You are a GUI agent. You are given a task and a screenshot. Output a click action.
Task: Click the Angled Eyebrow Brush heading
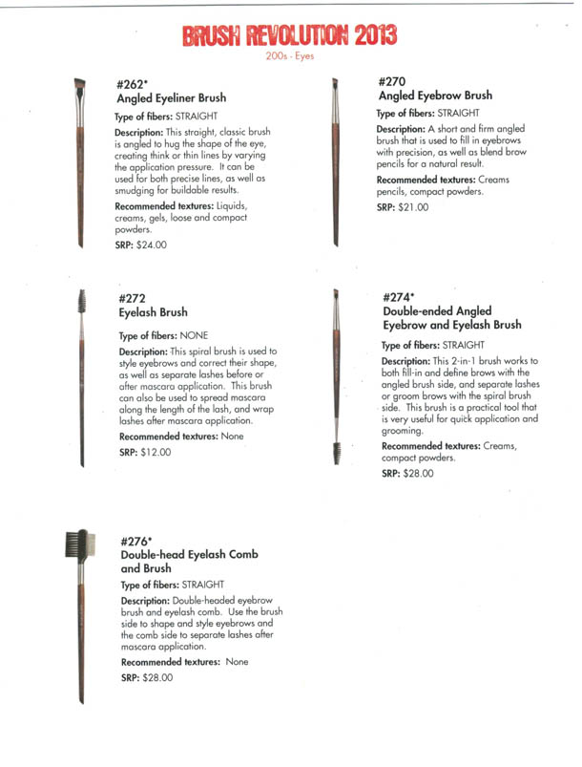pyautogui.click(x=435, y=96)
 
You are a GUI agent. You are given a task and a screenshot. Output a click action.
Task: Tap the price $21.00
pyautogui.click(x=416, y=207)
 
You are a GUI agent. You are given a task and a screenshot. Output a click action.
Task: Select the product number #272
pyautogui.click(x=134, y=297)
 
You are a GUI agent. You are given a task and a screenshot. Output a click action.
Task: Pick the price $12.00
pyautogui.click(x=156, y=453)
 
